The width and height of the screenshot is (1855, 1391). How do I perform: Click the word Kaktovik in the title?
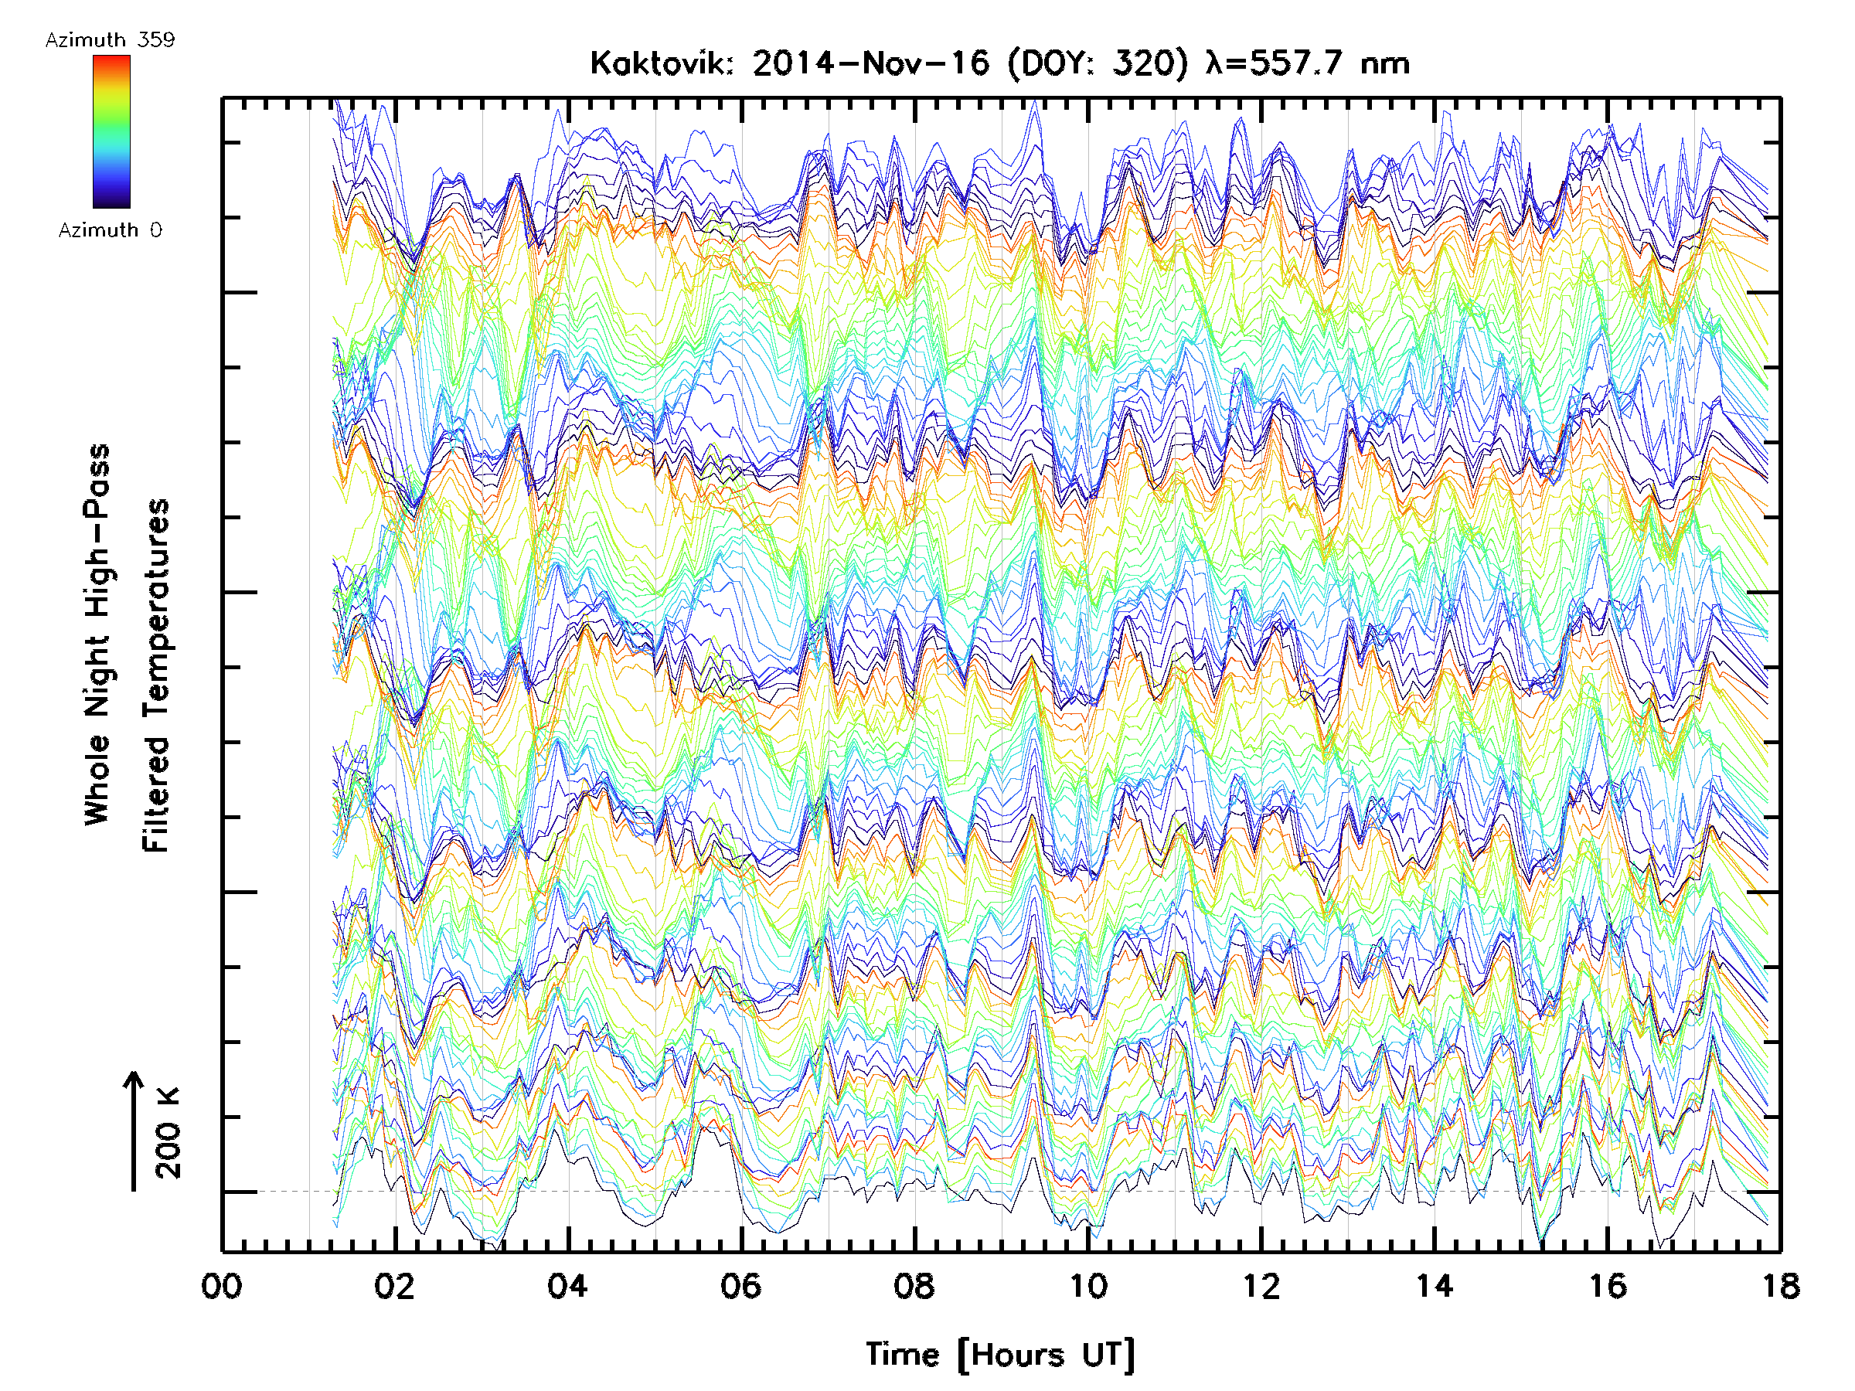pyautogui.click(x=662, y=63)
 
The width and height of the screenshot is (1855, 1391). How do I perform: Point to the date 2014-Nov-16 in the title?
pyautogui.click(x=870, y=63)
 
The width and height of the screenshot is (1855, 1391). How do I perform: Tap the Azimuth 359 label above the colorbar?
pyautogui.click(x=110, y=40)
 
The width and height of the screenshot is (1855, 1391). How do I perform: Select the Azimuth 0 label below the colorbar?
pyautogui.click(x=110, y=230)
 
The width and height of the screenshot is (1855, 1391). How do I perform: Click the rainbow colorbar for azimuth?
pyautogui.click(x=111, y=131)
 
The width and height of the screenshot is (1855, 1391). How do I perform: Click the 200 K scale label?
pyautogui.click(x=168, y=1133)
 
